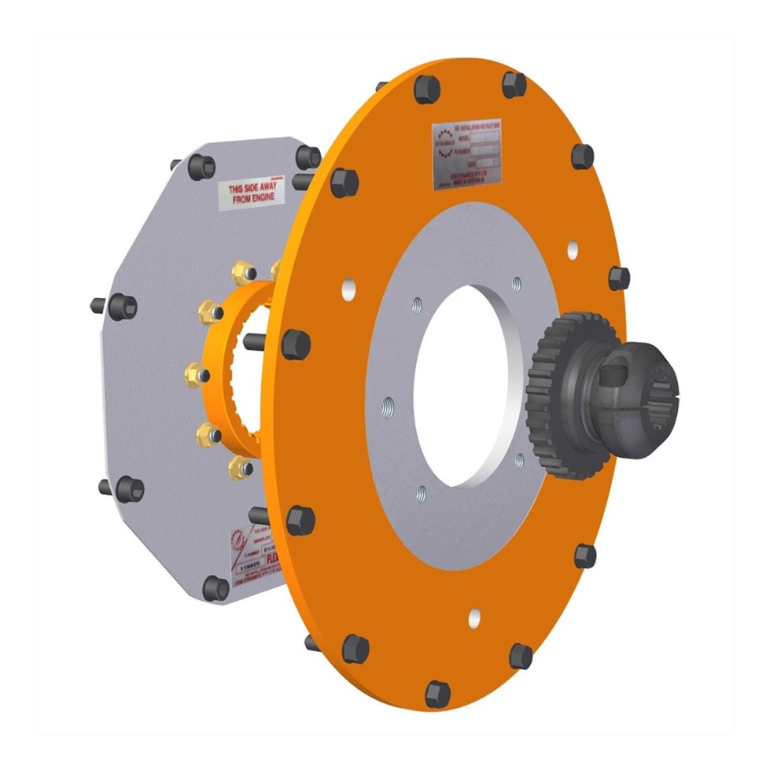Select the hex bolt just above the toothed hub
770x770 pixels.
618,278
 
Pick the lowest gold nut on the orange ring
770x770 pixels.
239,469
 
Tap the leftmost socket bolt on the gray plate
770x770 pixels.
122,306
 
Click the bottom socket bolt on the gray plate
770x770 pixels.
215,588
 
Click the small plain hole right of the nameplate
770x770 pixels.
573,249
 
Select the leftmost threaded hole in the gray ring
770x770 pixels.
387,407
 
